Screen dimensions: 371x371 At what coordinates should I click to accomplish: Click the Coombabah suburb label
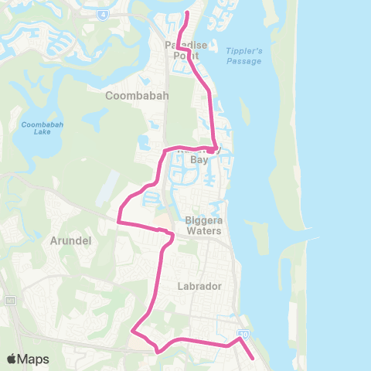point(132,96)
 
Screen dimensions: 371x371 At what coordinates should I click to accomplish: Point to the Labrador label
point(200,285)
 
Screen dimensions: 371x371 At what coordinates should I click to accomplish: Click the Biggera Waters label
point(204,225)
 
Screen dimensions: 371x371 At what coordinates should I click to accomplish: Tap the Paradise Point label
point(186,50)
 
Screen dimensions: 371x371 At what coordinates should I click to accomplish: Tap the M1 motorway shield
point(9,300)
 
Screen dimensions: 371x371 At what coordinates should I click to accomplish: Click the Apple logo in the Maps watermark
point(12,359)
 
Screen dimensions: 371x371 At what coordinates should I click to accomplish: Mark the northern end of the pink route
point(187,12)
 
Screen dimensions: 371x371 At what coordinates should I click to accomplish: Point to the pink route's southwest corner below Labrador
point(132,332)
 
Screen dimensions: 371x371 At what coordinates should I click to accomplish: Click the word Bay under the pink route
point(199,160)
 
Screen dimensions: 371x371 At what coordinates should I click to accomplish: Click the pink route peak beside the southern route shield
point(240,338)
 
